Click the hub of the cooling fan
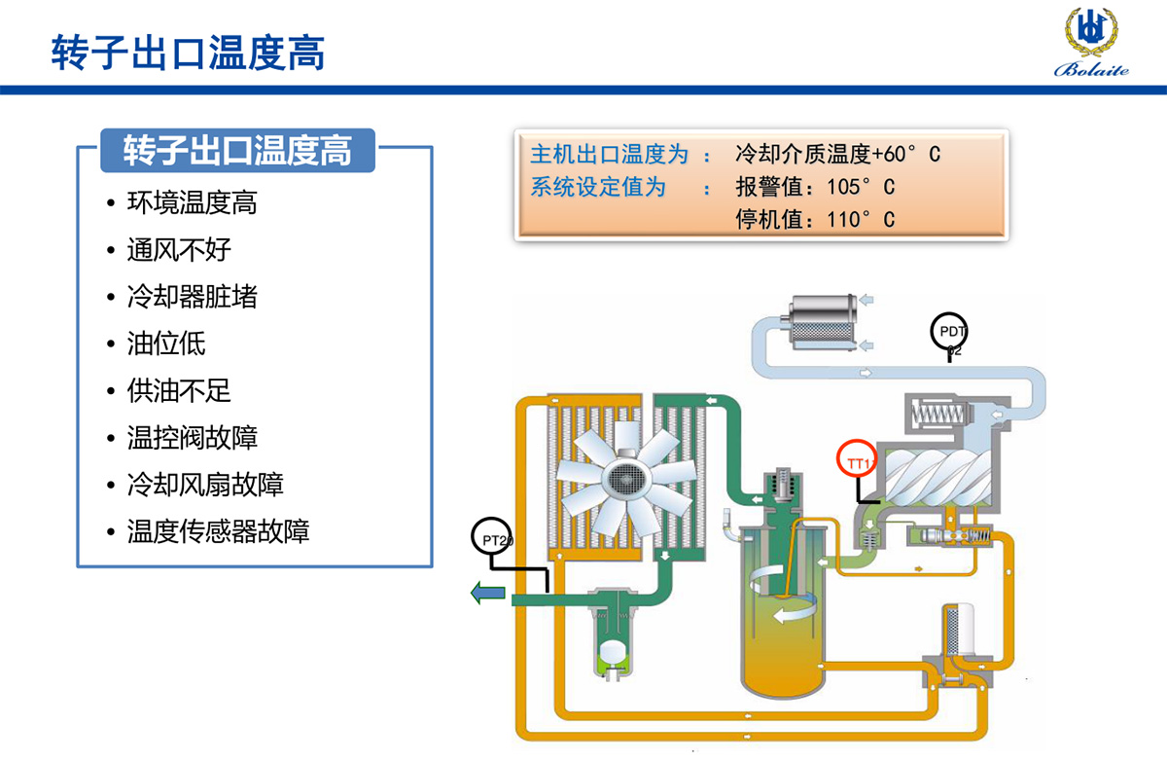click(x=623, y=476)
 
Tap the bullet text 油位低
click(x=166, y=344)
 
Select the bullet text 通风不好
click(x=179, y=250)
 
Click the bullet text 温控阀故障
click(x=193, y=437)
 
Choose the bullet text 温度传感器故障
click(x=218, y=531)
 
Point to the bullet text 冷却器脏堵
click(x=193, y=297)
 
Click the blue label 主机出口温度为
click(x=609, y=154)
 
